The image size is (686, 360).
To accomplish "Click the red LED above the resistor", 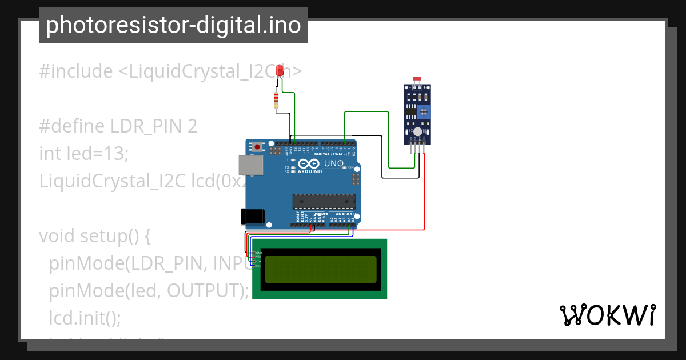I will click(280, 71).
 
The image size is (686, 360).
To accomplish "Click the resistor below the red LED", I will click(277, 100).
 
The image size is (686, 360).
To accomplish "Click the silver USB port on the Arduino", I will click(251, 165).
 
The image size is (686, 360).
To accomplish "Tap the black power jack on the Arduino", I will click(252, 216).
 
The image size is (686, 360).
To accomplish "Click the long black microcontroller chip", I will click(324, 202).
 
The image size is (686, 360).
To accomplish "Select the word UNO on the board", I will click(334, 164).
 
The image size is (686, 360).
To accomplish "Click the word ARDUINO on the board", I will click(309, 171).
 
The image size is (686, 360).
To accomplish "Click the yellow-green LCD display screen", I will click(321, 269).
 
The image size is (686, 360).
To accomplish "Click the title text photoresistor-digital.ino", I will click(173, 25).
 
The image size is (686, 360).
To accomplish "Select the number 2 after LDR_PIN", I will click(193, 126).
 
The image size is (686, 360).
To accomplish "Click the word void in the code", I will click(57, 236).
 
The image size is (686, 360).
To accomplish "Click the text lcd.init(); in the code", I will click(85, 318).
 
